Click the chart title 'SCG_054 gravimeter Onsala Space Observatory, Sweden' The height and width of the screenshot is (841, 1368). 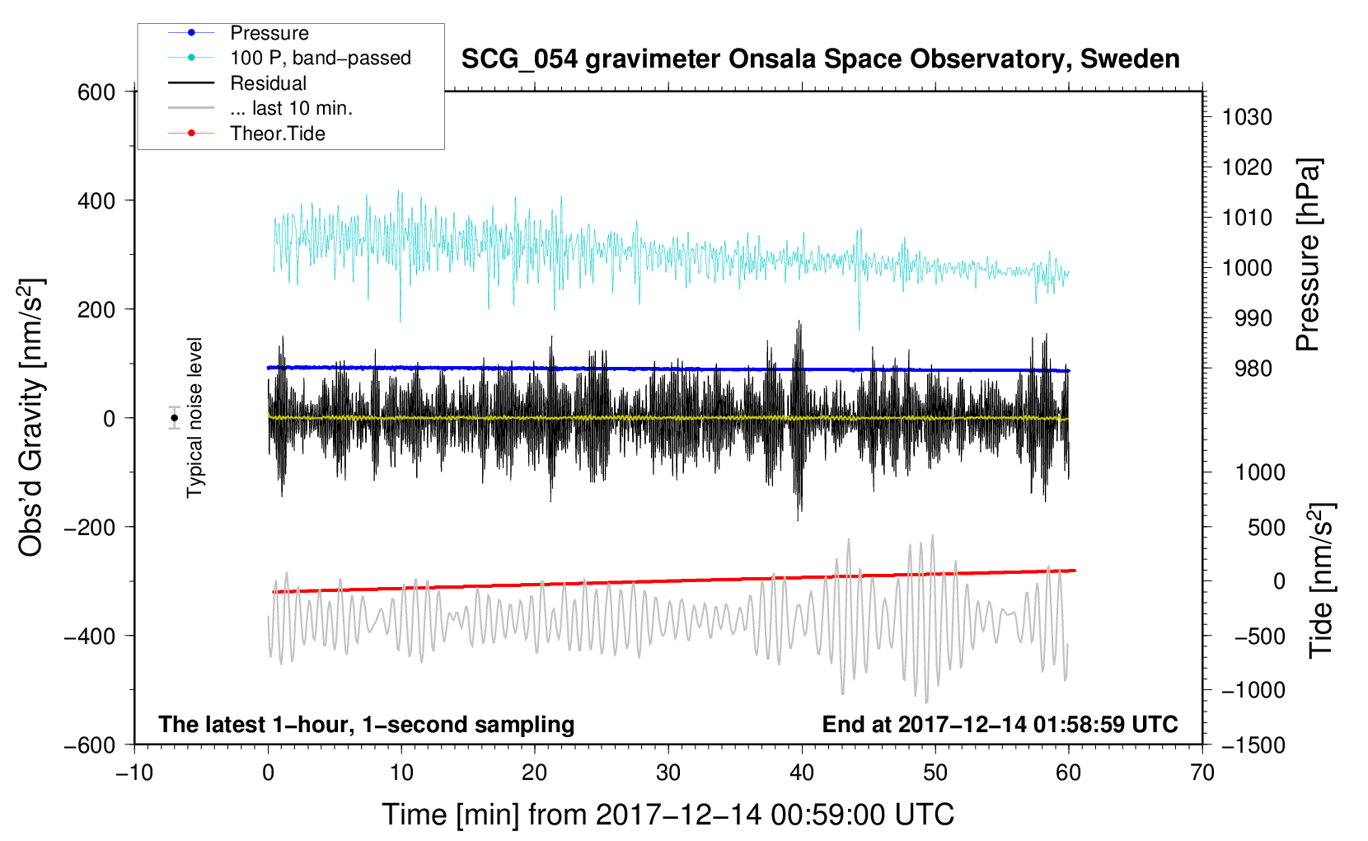820,59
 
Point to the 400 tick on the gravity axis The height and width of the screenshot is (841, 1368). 96,200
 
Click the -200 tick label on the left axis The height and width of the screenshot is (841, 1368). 91,527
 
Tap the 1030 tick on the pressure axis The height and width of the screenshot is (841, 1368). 1247,117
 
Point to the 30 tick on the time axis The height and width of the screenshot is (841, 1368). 668,773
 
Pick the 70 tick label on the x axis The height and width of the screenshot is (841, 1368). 1202,773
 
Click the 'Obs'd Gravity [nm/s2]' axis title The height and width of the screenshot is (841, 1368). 31,417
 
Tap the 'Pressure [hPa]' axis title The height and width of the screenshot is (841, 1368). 1308,255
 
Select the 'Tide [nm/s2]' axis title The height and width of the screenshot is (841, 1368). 1322,580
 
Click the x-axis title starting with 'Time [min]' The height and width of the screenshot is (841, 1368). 668,815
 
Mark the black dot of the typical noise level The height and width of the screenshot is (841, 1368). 174,418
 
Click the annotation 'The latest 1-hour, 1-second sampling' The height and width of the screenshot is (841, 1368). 367,725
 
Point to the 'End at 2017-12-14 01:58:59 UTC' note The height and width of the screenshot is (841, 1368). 1000,725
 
